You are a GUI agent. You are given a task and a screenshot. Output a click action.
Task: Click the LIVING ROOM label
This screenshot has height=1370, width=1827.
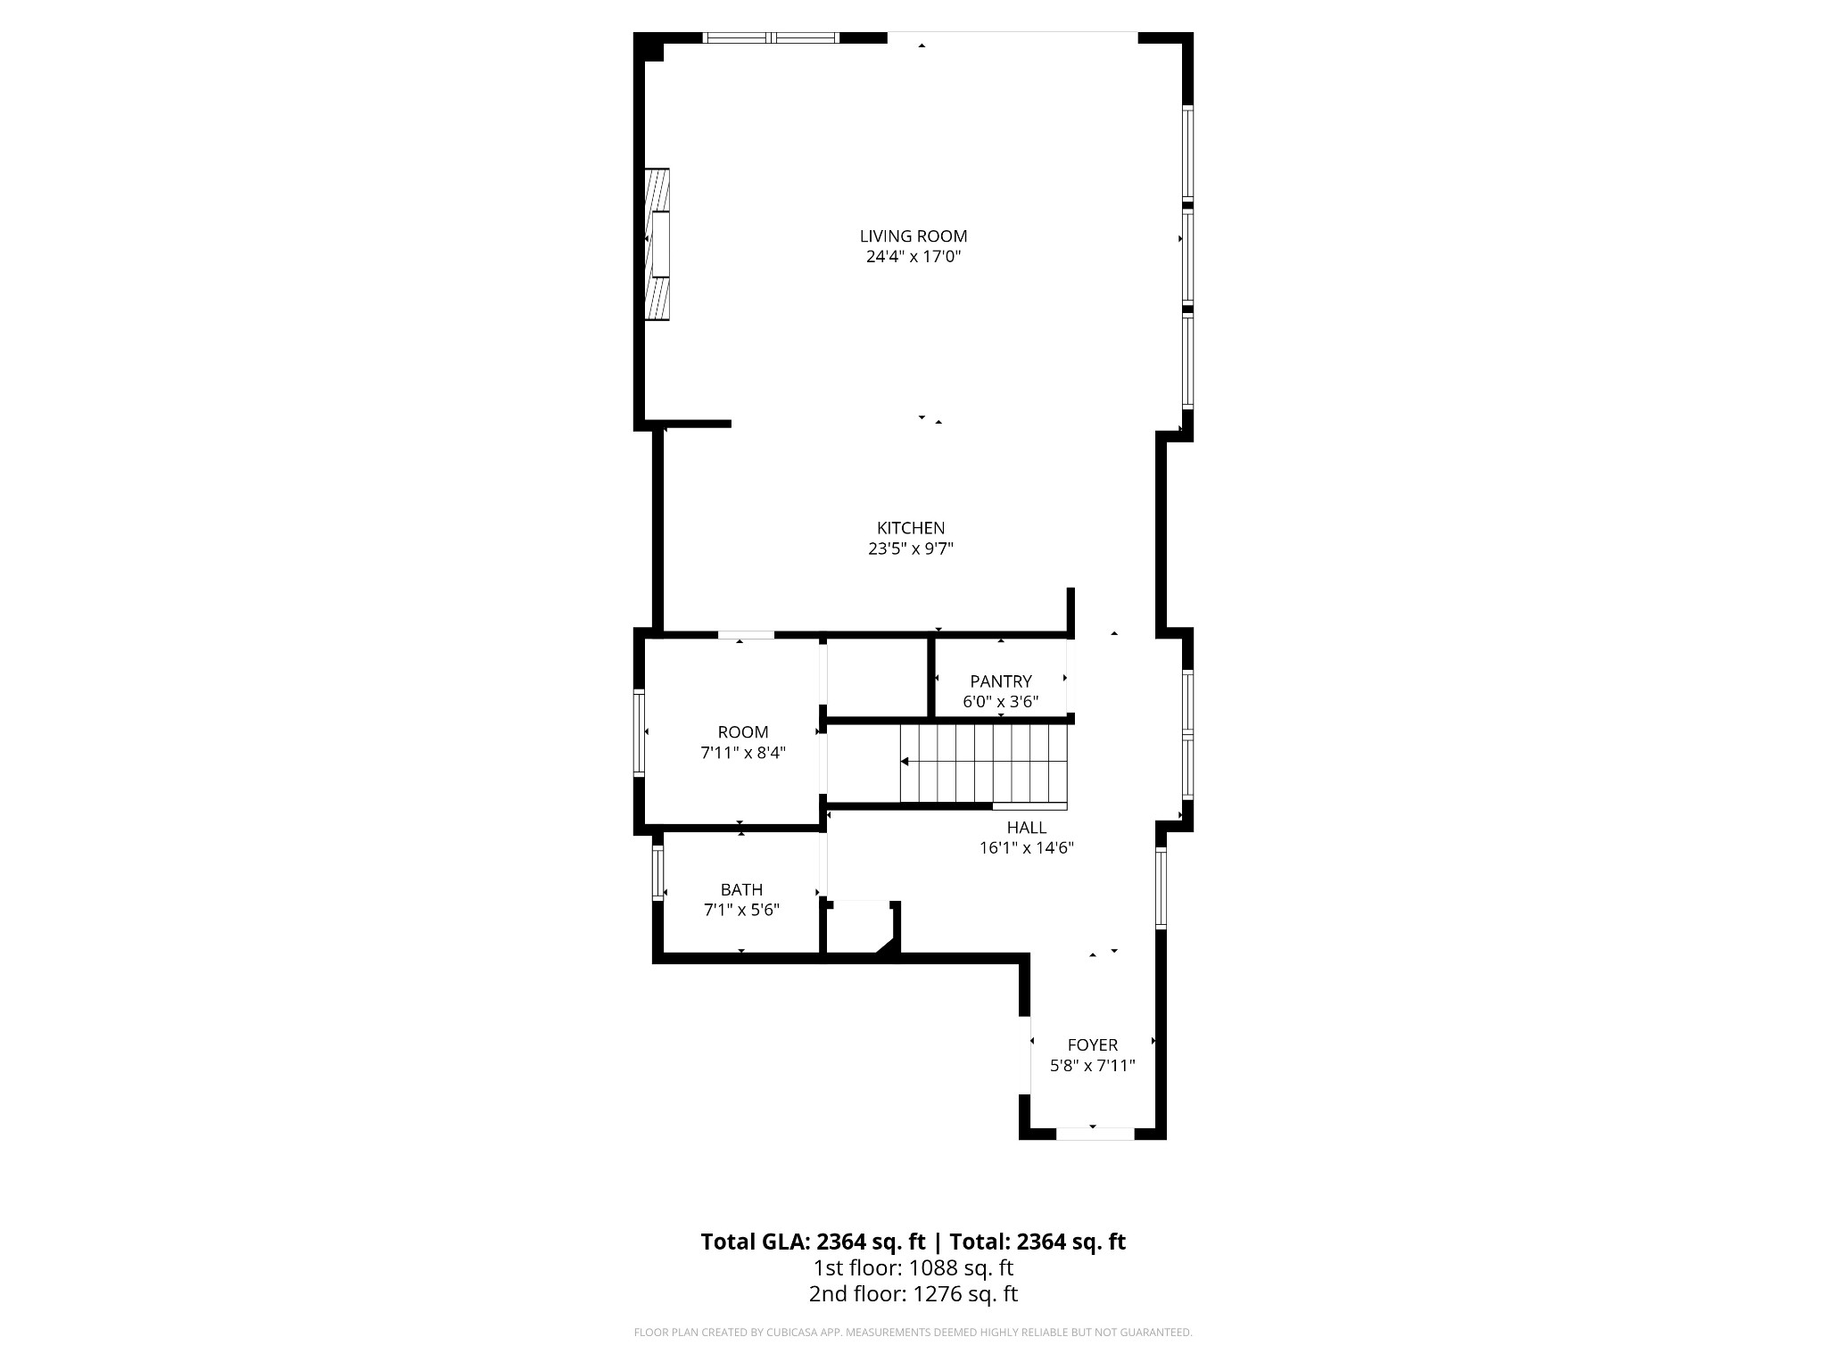(913, 236)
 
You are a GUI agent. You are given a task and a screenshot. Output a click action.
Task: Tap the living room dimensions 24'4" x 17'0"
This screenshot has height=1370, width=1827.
(913, 257)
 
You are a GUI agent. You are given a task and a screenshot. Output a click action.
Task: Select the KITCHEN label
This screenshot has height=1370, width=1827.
(911, 528)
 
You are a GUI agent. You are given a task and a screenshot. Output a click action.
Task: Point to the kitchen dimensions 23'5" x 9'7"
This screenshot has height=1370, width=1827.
(911, 549)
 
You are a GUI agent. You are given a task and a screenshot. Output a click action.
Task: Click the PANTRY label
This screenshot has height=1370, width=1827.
(1001, 681)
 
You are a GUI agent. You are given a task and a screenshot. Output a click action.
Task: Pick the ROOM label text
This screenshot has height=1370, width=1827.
(743, 732)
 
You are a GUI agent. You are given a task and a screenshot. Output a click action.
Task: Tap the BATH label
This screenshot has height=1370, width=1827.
(741, 889)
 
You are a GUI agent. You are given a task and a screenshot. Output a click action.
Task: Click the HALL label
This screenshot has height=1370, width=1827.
(1027, 828)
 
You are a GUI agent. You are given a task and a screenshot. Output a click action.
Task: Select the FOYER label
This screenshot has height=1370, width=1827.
(1093, 1044)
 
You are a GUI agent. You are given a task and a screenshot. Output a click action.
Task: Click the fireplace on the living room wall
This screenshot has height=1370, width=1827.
(657, 244)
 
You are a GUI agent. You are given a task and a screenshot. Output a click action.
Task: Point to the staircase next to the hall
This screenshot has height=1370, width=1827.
(984, 763)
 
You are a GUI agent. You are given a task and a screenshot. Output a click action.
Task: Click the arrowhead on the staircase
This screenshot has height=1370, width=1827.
(905, 762)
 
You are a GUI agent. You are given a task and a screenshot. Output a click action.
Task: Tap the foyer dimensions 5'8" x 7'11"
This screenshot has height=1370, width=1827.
(1093, 1065)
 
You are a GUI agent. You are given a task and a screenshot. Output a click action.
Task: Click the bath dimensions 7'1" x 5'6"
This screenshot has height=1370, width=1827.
(741, 910)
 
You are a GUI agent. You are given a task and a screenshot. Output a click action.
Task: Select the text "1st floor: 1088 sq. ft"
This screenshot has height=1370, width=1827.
(913, 1267)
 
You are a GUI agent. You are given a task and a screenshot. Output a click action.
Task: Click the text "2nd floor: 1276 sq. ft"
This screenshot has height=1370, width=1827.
(913, 1294)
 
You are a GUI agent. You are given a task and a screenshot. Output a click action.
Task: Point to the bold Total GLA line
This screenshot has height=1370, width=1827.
(913, 1242)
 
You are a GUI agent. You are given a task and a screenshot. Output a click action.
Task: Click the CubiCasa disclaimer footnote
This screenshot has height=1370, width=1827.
(913, 1333)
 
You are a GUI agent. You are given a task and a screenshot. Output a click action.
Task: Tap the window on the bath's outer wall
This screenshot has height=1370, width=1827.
(658, 873)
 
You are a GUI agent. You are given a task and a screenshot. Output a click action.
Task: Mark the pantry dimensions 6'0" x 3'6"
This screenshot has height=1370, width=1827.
(1001, 702)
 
